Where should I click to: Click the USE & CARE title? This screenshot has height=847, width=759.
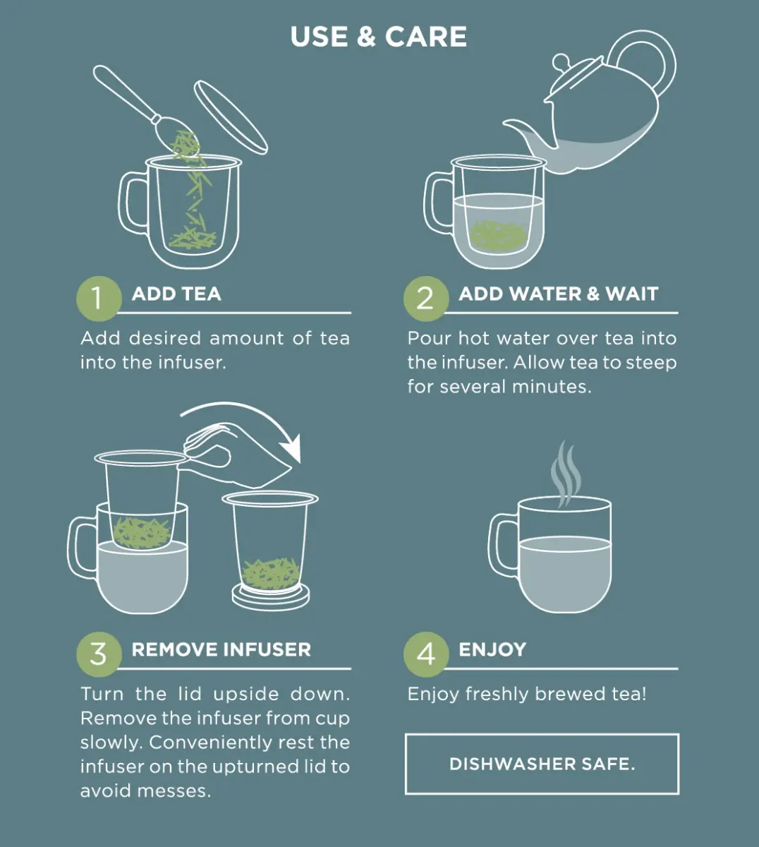click(379, 37)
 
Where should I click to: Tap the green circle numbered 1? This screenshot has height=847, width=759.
click(99, 299)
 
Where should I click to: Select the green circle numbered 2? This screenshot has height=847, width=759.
click(426, 299)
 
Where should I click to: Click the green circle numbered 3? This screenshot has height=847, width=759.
click(99, 654)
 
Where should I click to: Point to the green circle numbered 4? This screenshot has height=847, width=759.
click(426, 654)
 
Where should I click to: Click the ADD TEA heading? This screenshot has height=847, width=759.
click(176, 294)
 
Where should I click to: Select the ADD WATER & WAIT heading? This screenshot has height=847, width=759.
click(559, 294)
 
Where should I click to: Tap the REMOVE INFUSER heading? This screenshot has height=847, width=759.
click(221, 649)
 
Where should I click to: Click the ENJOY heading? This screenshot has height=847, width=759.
click(492, 649)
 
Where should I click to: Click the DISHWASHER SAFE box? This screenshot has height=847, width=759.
click(542, 764)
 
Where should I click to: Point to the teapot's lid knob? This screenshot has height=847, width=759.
click(561, 62)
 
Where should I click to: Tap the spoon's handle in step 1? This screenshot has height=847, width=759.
click(126, 92)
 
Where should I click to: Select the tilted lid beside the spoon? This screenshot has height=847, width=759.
click(231, 117)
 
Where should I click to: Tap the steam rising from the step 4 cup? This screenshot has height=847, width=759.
click(566, 472)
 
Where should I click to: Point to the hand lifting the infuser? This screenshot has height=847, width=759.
click(234, 456)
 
